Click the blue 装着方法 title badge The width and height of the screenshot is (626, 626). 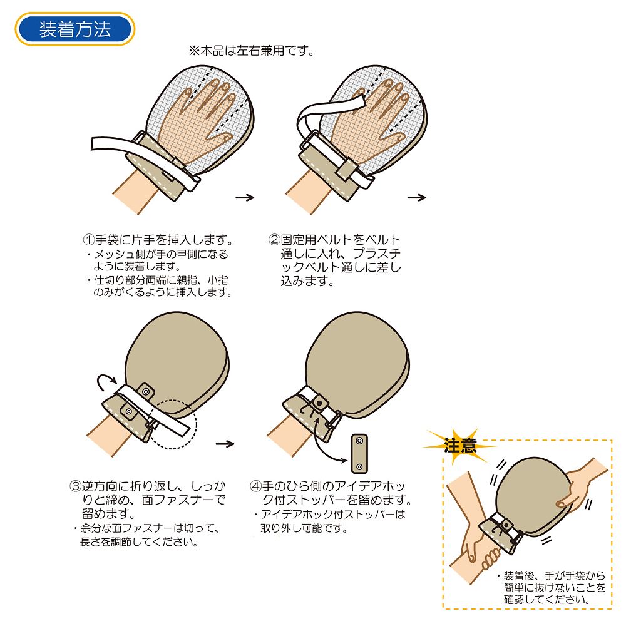click(74, 29)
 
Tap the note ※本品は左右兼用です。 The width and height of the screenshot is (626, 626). click(252, 51)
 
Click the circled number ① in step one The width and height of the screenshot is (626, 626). click(89, 240)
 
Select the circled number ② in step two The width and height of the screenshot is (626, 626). click(274, 240)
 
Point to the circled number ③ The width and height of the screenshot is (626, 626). click(76, 486)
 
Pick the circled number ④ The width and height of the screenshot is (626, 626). click(255, 486)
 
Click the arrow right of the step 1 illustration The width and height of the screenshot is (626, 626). click(245, 197)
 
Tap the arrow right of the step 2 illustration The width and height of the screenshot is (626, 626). click(416, 197)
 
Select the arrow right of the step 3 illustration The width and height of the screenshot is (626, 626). click(225, 444)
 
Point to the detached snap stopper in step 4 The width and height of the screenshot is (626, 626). click(359, 453)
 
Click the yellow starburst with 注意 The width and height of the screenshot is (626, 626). click(459, 445)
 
